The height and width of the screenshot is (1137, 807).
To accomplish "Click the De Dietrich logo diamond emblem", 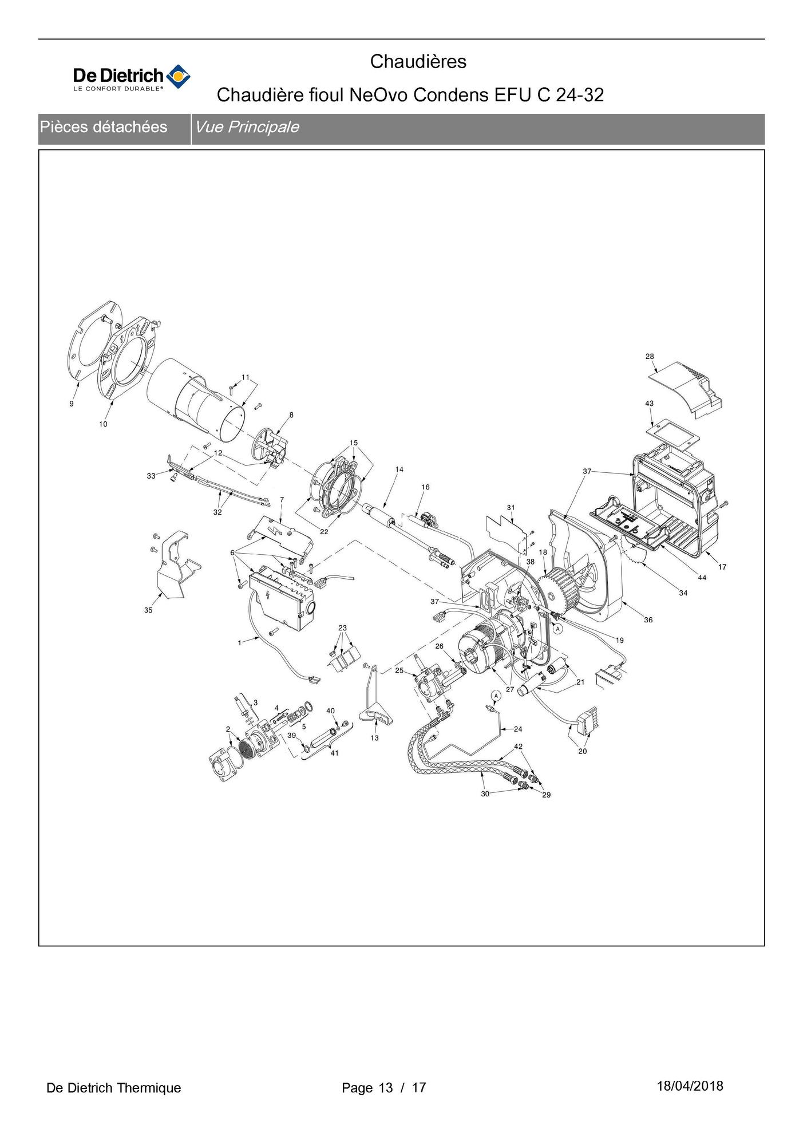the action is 178,77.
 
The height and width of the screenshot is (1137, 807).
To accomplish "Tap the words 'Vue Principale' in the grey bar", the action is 247,127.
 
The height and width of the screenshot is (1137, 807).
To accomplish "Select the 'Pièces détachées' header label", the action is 104,127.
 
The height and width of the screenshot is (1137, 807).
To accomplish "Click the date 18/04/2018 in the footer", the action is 690,1086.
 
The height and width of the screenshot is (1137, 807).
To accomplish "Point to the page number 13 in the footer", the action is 386,1088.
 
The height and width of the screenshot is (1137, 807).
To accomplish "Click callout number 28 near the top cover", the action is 650,356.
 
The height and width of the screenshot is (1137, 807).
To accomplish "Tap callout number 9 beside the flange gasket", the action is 72,404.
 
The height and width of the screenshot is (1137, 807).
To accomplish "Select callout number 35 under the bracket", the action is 148,610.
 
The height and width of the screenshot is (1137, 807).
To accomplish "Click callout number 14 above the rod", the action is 399,469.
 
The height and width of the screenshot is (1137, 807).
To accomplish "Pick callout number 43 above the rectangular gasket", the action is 650,404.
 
